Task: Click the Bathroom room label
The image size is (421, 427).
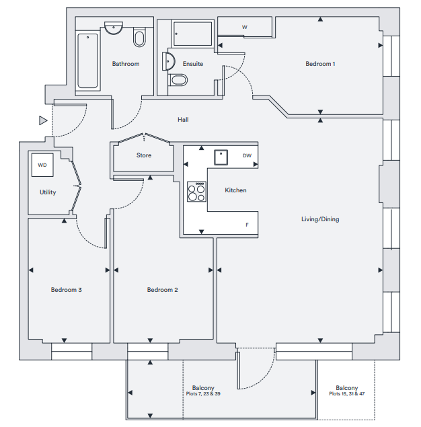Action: (x=126, y=64)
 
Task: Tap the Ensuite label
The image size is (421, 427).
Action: (x=193, y=64)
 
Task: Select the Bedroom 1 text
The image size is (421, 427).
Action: (x=320, y=64)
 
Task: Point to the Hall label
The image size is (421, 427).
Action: (x=183, y=120)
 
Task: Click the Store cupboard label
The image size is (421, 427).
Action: (x=144, y=155)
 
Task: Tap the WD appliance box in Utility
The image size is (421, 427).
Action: (x=42, y=165)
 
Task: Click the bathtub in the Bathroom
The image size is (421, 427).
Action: (x=87, y=61)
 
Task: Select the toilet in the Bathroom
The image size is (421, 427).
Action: (x=139, y=37)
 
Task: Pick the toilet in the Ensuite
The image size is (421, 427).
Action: (x=178, y=80)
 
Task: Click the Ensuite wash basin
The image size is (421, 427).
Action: (x=169, y=61)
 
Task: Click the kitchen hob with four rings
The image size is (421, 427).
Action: (x=196, y=192)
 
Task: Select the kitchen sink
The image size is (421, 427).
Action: (x=221, y=157)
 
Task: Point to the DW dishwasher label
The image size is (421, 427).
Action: (x=247, y=155)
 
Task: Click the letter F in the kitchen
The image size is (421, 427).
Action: (x=247, y=225)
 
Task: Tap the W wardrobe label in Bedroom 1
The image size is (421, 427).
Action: (x=245, y=27)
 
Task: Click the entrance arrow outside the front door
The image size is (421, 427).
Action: (x=43, y=120)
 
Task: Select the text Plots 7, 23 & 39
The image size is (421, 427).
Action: (x=203, y=394)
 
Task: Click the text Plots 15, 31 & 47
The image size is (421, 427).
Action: (x=346, y=394)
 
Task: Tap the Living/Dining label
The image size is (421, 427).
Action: (x=320, y=219)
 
